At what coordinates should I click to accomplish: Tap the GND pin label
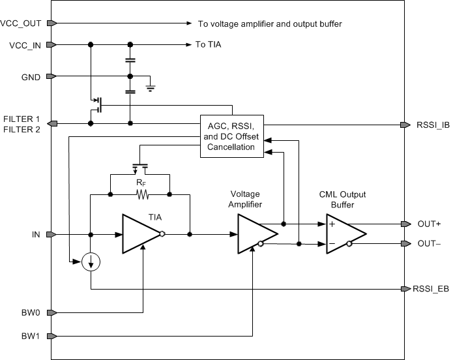coord(30,77)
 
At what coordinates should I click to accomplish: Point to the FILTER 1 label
coord(22,119)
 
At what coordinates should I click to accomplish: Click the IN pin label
coord(37,233)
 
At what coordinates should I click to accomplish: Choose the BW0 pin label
coord(31,312)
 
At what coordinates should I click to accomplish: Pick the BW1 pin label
coord(31,337)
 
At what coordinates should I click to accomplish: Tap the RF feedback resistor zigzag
coord(139,194)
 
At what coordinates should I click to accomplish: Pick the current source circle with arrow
coord(92,262)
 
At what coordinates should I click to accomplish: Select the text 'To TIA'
coord(209,45)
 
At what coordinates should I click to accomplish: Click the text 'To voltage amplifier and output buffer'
coord(269,23)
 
